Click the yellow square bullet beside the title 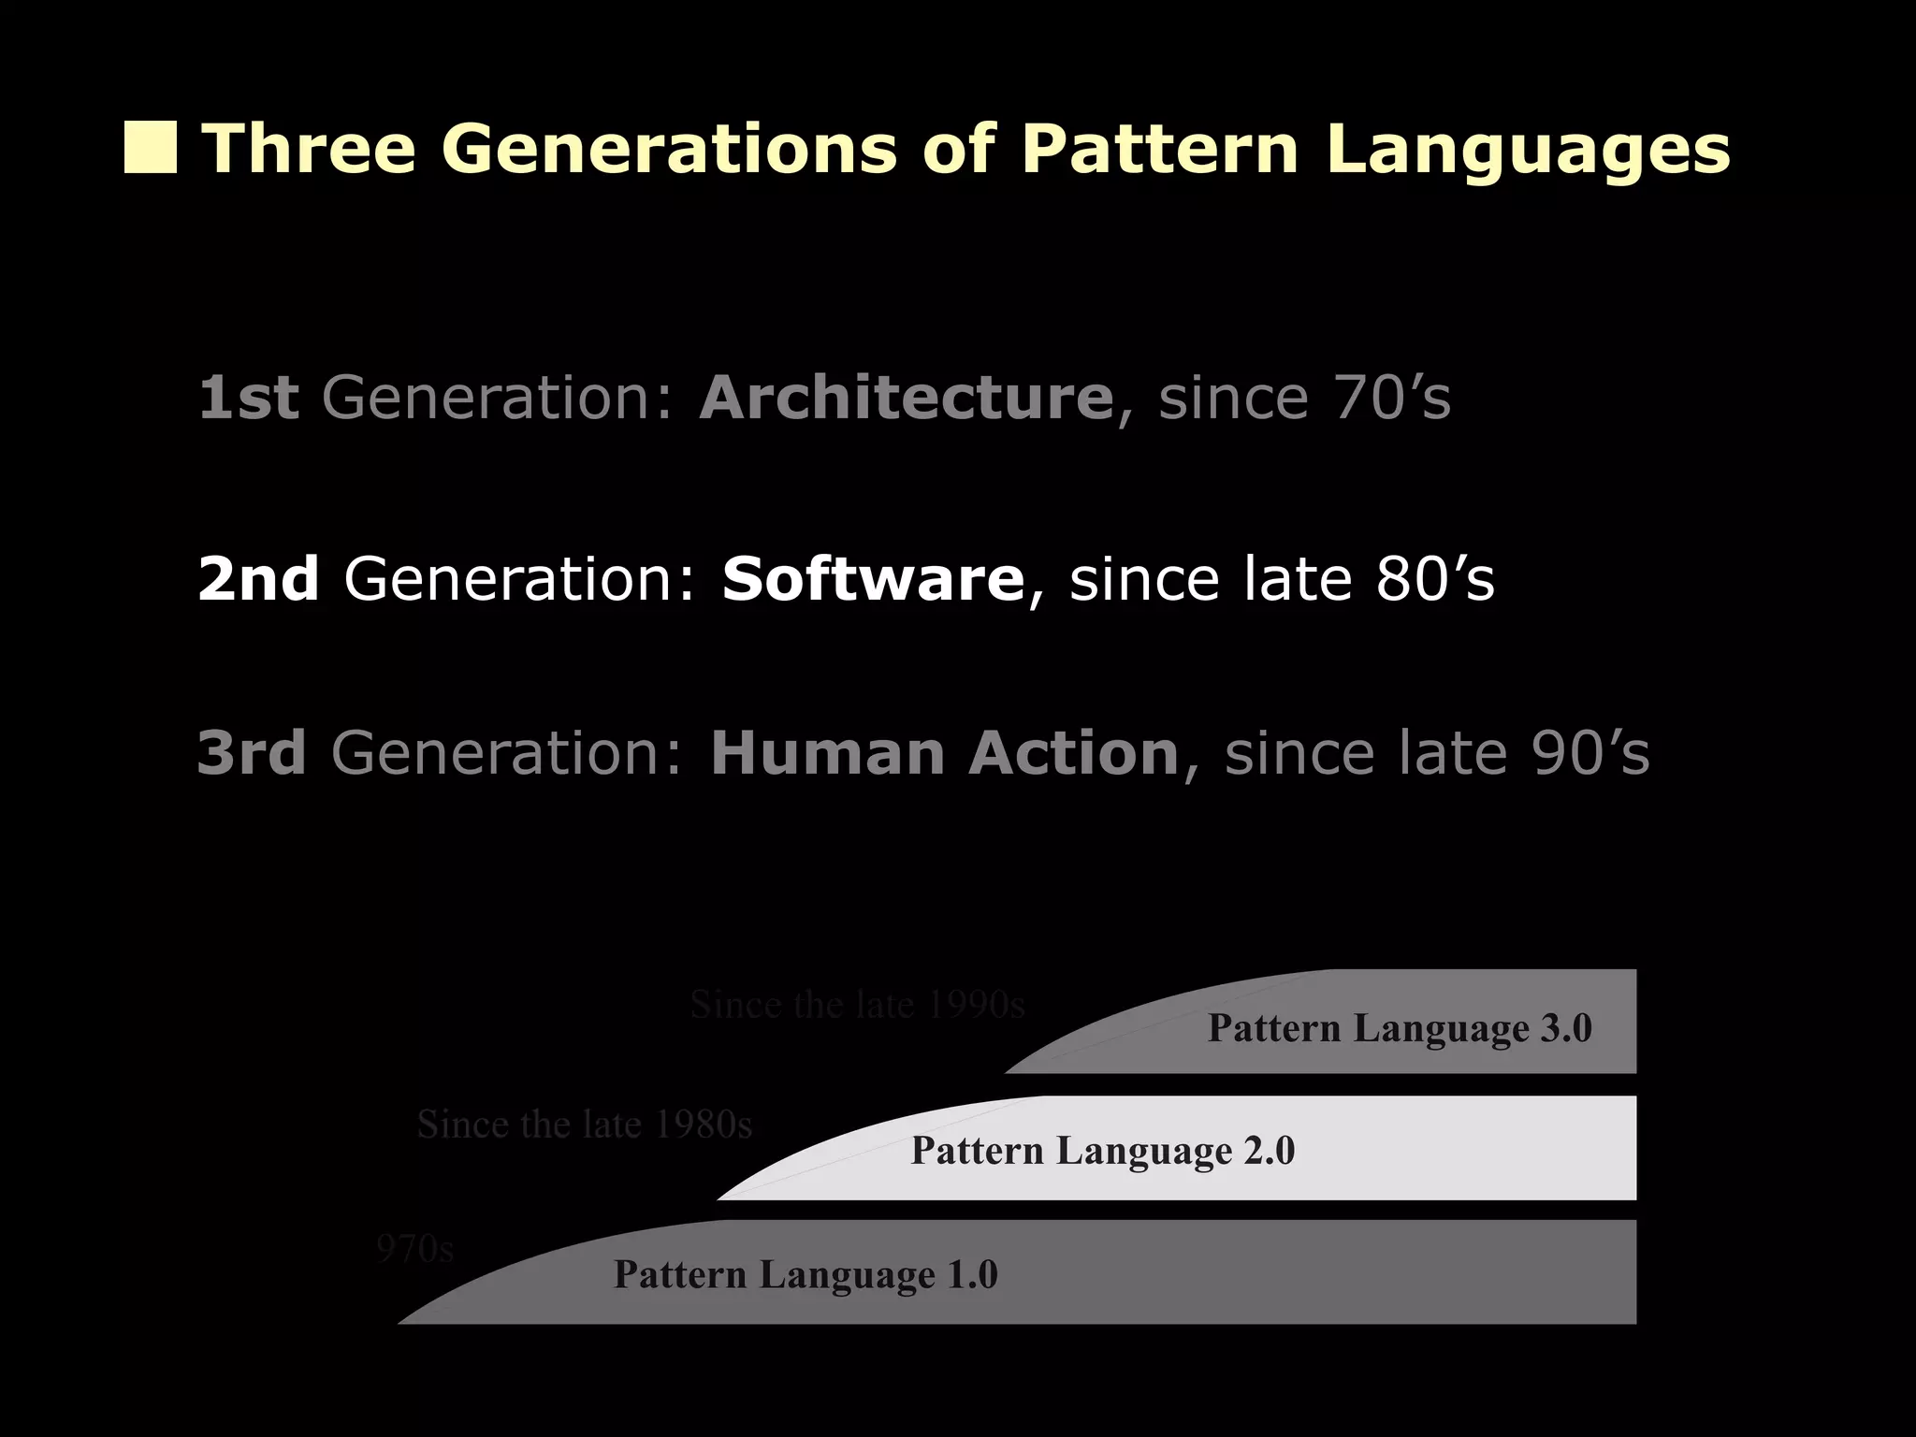(150, 149)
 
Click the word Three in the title (310, 149)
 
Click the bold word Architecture (906, 398)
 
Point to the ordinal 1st (248, 398)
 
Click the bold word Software (873, 579)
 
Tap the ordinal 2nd (258, 579)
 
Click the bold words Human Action (944, 753)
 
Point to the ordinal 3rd (252, 753)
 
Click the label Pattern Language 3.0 (1400, 1028)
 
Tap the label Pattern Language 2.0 (1103, 1150)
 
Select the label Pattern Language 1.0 (806, 1274)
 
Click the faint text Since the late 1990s (857, 1005)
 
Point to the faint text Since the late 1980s (584, 1125)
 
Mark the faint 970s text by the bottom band (414, 1249)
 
